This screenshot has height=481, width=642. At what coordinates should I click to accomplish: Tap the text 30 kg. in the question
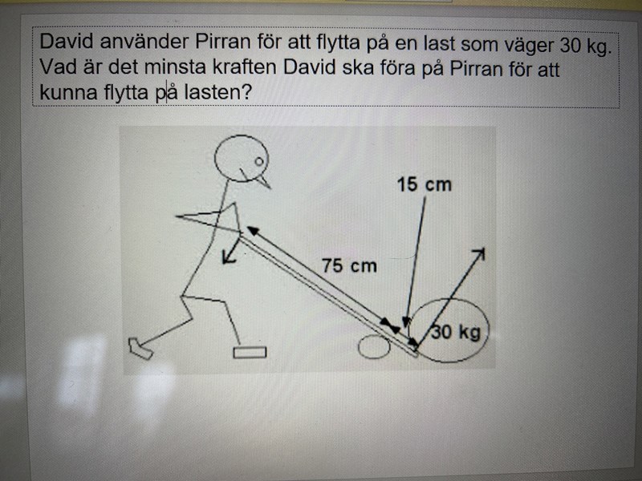click(x=586, y=45)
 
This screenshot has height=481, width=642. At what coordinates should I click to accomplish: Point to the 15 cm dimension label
click(x=425, y=184)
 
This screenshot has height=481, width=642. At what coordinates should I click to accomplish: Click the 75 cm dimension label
click(x=349, y=266)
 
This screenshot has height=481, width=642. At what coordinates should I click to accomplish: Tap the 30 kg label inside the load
click(x=457, y=332)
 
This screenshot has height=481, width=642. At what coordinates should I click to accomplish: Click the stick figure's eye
click(x=258, y=162)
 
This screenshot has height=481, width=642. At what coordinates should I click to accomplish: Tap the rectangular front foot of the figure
click(x=250, y=352)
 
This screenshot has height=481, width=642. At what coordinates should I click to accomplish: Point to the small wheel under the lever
click(x=374, y=346)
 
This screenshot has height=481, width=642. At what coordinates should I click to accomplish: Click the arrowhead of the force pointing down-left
click(x=227, y=258)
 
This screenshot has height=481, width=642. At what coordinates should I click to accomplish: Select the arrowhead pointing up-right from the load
click(x=479, y=254)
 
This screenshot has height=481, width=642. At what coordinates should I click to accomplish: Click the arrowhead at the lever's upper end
click(x=253, y=231)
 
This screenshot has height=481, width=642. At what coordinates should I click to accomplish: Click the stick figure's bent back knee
click(x=181, y=295)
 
